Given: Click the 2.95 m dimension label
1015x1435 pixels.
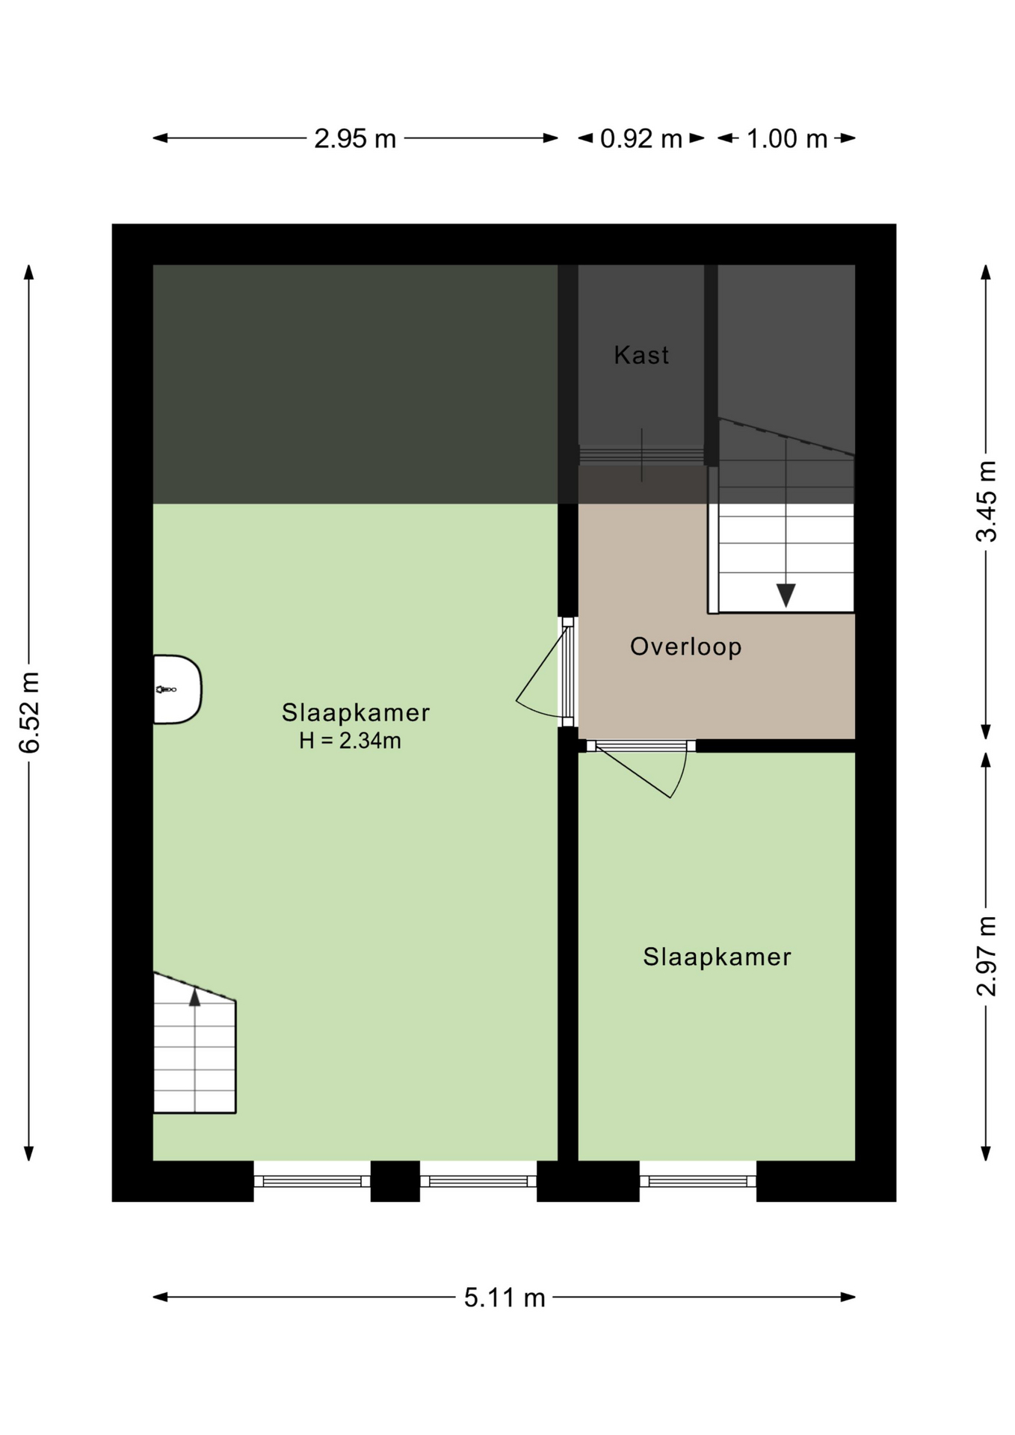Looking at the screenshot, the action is (x=355, y=139).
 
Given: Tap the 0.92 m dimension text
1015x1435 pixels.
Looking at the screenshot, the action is (x=641, y=139).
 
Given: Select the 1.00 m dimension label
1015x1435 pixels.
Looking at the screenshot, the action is (x=787, y=139).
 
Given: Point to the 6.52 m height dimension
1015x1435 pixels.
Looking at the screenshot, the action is (x=29, y=712).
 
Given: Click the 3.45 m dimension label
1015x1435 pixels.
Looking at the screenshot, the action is (x=987, y=501).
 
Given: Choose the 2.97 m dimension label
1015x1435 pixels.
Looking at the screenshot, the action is (x=987, y=956).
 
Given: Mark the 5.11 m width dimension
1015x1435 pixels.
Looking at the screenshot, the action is (x=505, y=1297).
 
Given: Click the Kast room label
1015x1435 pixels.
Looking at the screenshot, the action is (x=641, y=355).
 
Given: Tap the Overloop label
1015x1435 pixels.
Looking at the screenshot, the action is (x=685, y=646).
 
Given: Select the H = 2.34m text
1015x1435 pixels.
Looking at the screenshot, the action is (x=350, y=741).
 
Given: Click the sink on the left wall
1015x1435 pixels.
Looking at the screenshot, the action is (x=177, y=689).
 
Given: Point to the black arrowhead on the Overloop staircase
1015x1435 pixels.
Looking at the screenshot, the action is (x=786, y=595).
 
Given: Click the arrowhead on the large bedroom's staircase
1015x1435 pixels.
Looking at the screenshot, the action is (x=195, y=996).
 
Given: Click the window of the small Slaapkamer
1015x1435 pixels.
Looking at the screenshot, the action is (x=698, y=1181).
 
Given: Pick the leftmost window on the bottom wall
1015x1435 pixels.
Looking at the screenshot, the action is (x=312, y=1181).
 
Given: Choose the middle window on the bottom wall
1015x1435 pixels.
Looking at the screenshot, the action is (x=478, y=1181).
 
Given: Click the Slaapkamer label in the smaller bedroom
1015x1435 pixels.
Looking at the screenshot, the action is (x=717, y=957).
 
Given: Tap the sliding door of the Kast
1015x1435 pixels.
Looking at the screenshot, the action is (x=641, y=455).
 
